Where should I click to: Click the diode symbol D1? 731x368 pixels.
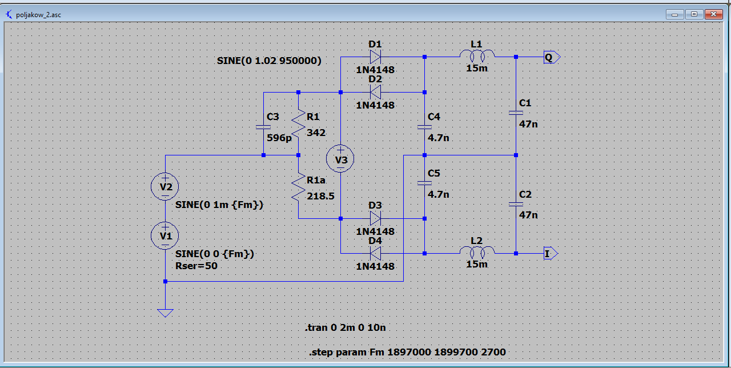click(x=375, y=57)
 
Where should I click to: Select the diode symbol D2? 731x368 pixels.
click(x=375, y=91)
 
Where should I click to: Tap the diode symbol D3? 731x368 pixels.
click(x=375, y=218)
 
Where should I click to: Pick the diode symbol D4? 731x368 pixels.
click(x=375, y=253)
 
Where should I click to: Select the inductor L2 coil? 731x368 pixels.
click(x=477, y=252)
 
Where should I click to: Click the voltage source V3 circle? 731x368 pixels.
click(x=340, y=160)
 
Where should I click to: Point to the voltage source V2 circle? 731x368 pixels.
click(x=165, y=186)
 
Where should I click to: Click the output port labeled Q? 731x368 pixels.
click(x=551, y=57)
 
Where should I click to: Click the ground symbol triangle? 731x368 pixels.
click(x=165, y=313)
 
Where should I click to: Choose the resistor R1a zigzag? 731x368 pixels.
click(x=299, y=186)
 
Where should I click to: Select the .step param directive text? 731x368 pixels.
click(x=407, y=352)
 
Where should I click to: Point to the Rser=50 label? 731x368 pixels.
click(x=196, y=266)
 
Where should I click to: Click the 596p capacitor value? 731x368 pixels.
click(x=279, y=138)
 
